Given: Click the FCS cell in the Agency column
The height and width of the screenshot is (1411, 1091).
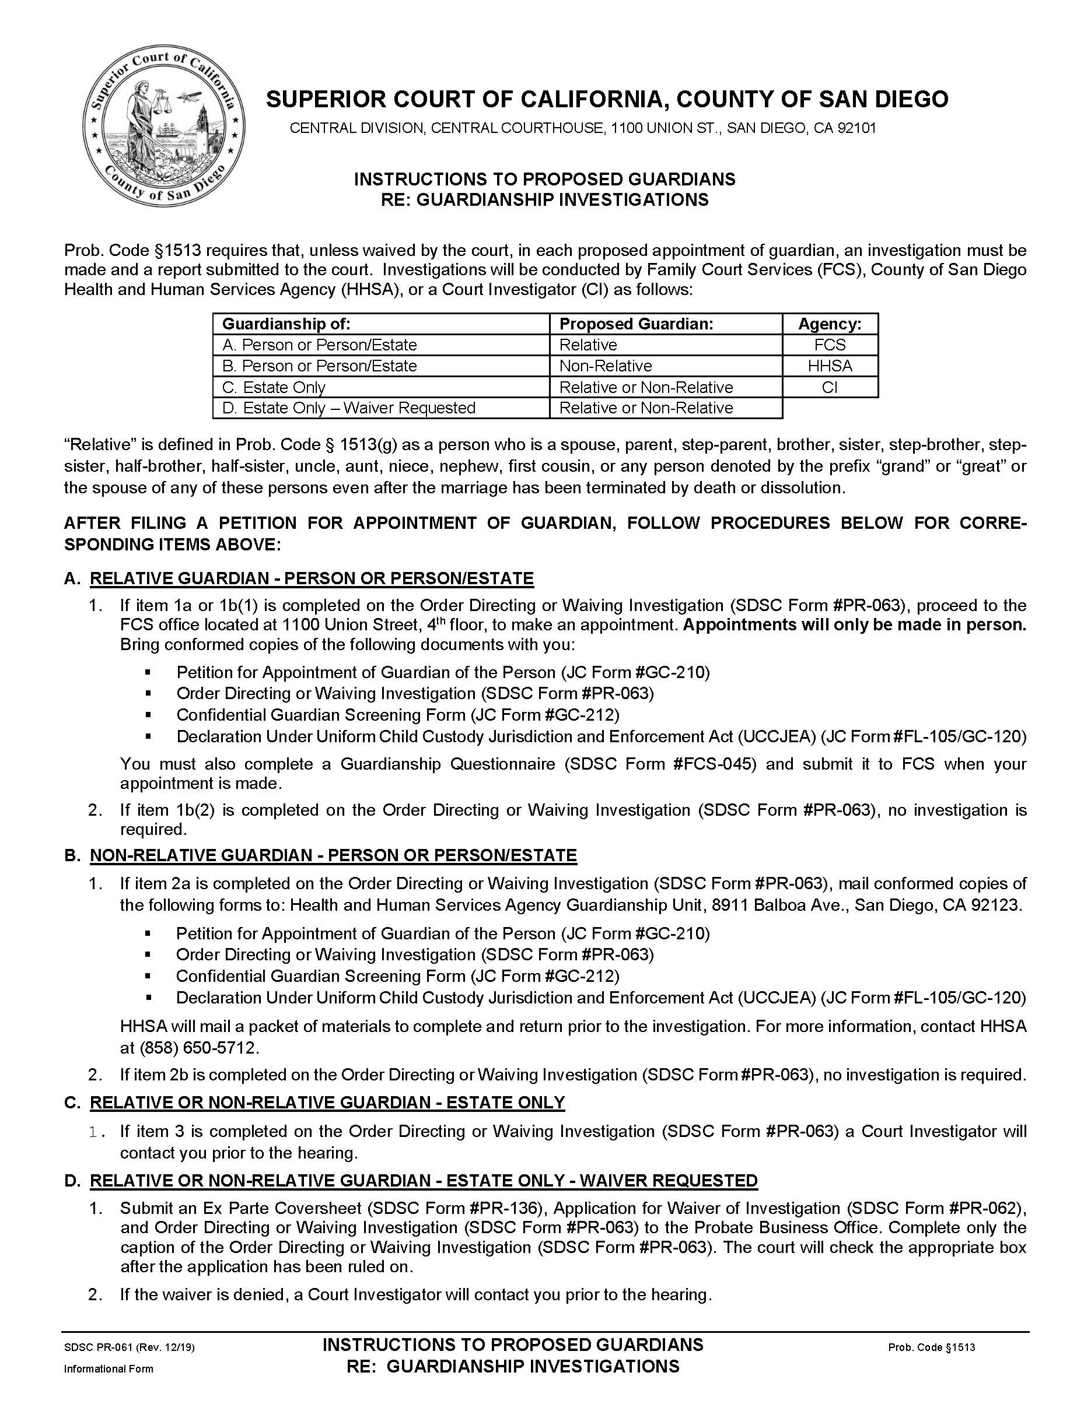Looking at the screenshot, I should tap(829, 345).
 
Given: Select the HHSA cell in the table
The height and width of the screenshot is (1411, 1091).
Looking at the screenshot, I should tap(829, 366).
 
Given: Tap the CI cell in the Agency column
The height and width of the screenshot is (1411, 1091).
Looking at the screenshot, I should tap(829, 388).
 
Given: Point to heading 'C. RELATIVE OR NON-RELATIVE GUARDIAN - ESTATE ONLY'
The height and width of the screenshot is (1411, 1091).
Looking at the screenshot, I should tap(327, 1103).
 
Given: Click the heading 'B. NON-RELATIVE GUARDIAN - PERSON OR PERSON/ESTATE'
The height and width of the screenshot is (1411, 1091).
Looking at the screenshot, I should tap(333, 855).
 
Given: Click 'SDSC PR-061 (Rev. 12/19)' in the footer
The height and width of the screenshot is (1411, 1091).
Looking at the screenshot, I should tap(130, 1347).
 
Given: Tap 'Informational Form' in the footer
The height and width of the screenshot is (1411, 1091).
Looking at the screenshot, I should tap(109, 1369).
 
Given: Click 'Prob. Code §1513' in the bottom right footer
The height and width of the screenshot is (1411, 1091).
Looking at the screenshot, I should tap(931, 1347).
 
